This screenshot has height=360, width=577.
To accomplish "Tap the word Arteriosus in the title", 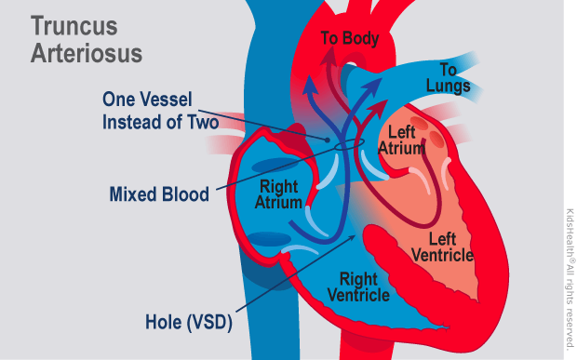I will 86,52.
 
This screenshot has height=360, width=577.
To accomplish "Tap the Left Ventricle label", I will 442,246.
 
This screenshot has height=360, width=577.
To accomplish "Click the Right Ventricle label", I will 358,287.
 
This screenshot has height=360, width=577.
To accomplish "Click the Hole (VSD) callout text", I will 189,323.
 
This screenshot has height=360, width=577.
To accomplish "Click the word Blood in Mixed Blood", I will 185,196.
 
